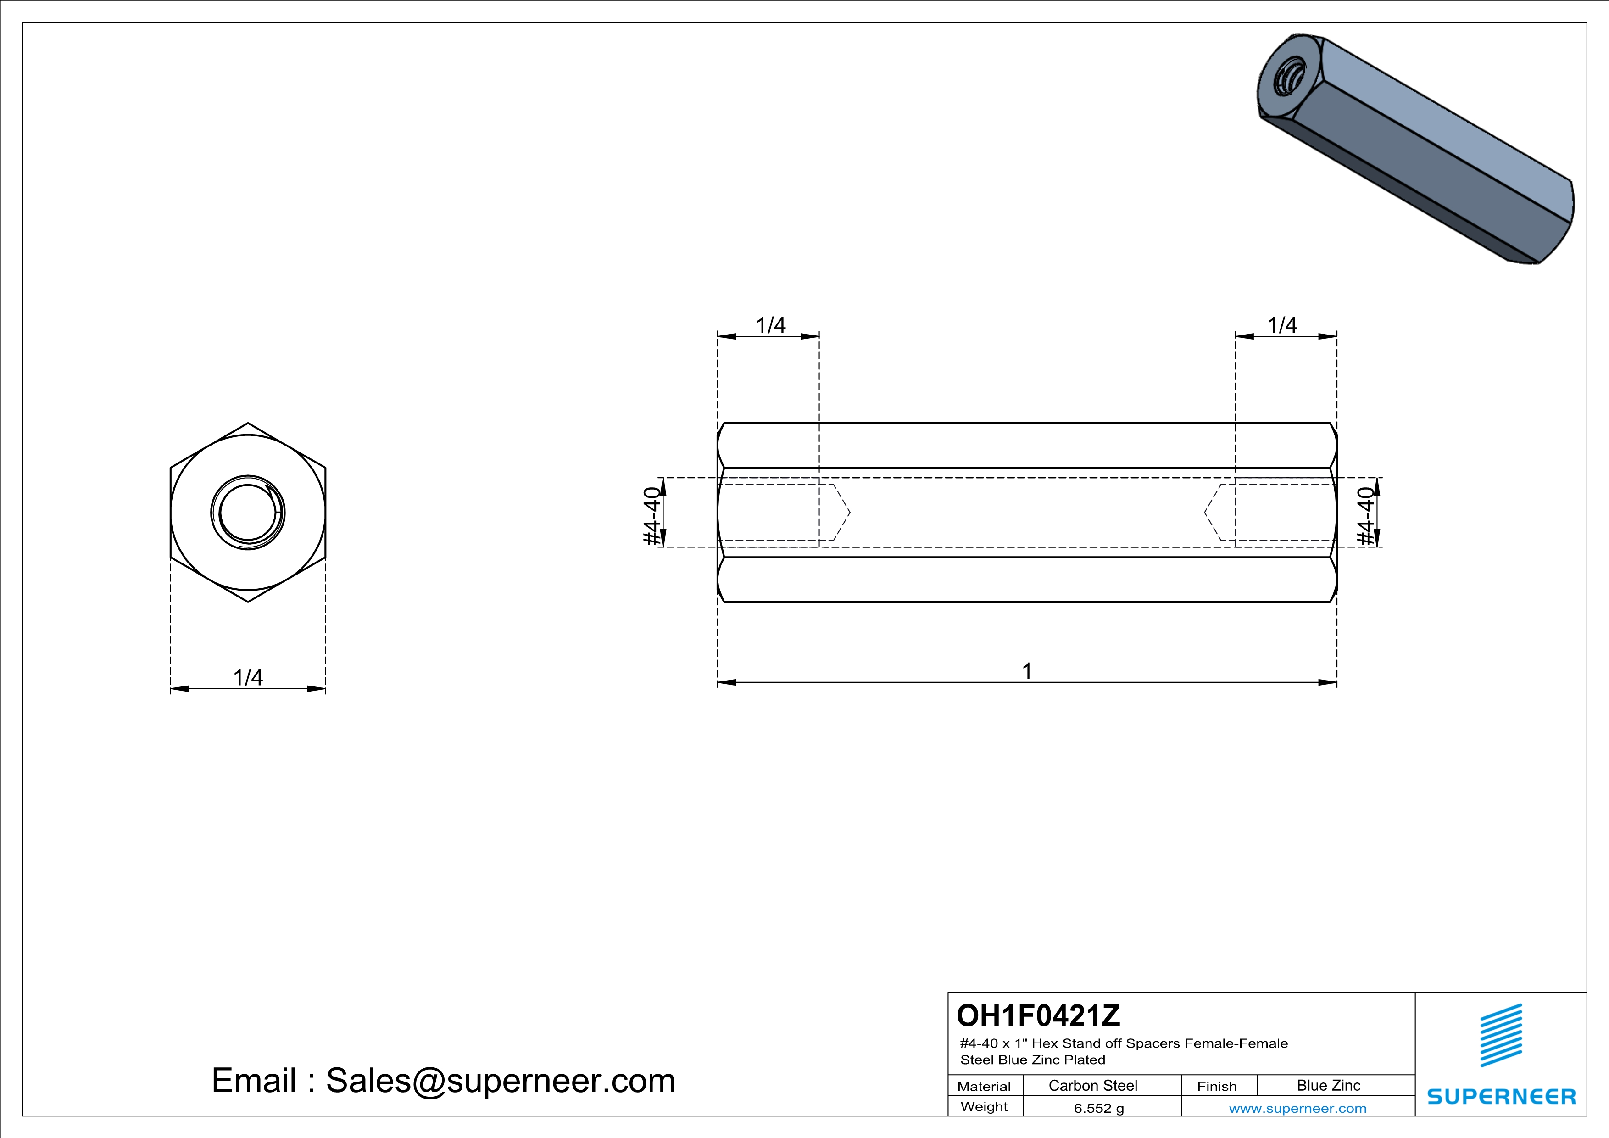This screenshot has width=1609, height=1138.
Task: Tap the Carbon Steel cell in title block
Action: [1092, 1085]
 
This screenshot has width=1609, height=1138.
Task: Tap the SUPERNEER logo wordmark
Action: [1502, 1097]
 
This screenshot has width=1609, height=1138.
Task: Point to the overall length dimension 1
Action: [1027, 671]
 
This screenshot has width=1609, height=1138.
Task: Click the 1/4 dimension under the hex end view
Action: [248, 678]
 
